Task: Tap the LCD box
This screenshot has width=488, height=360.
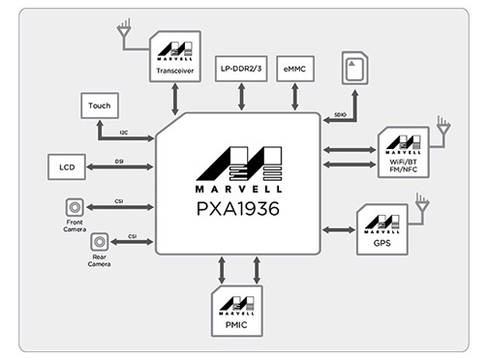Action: tap(66, 166)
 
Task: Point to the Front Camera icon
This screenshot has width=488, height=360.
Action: tap(72, 207)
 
